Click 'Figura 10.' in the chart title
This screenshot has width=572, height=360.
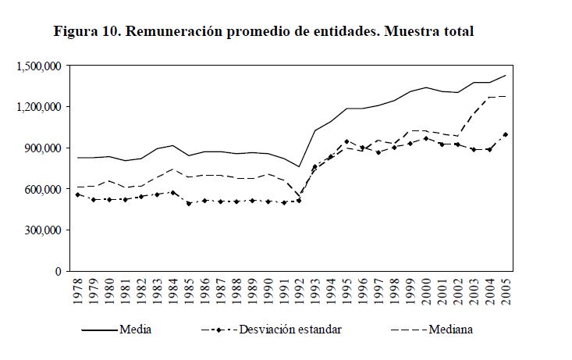(x=87, y=32)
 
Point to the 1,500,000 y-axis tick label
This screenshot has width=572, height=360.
(x=38, y=66)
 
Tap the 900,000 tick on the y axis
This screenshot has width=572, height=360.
(x=44, y=148)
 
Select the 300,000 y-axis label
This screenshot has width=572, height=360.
(x=44, y=230)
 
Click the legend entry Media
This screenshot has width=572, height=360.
(x=135, y=330)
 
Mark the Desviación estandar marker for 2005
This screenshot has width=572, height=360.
(x=506, y=134)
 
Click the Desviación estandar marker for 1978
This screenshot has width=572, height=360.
(x=77, y=194)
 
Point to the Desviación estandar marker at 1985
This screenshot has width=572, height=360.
(x=189, y=204)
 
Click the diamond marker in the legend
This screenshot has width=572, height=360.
(x=220, y=330)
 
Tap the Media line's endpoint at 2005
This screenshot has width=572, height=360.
(x=506, y=76)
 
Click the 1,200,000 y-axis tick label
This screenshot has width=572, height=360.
(x=38, y=107)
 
